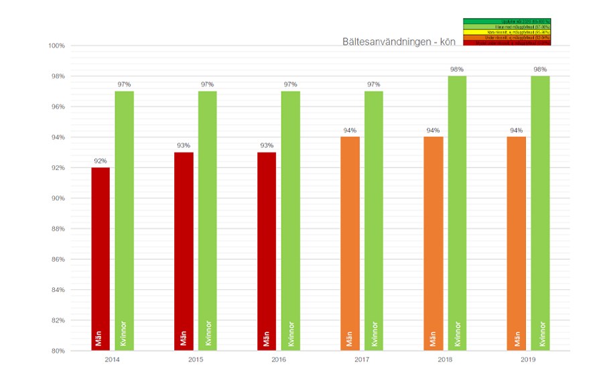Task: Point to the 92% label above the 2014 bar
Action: pos(100,161)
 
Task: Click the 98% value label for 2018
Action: pos(457,70)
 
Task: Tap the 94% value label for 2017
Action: pos(350,131)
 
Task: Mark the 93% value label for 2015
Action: pos(184,145)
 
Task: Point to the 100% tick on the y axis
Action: pos(56,46)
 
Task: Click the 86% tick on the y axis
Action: pos(56,259)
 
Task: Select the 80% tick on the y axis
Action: pos(56,351)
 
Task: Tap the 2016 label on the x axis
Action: pos(279,360)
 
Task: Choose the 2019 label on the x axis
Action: pos(528,360)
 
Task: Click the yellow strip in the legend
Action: pos(507,32)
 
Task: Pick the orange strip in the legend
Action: pos(507,37)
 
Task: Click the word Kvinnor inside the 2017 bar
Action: pos(374,334)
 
